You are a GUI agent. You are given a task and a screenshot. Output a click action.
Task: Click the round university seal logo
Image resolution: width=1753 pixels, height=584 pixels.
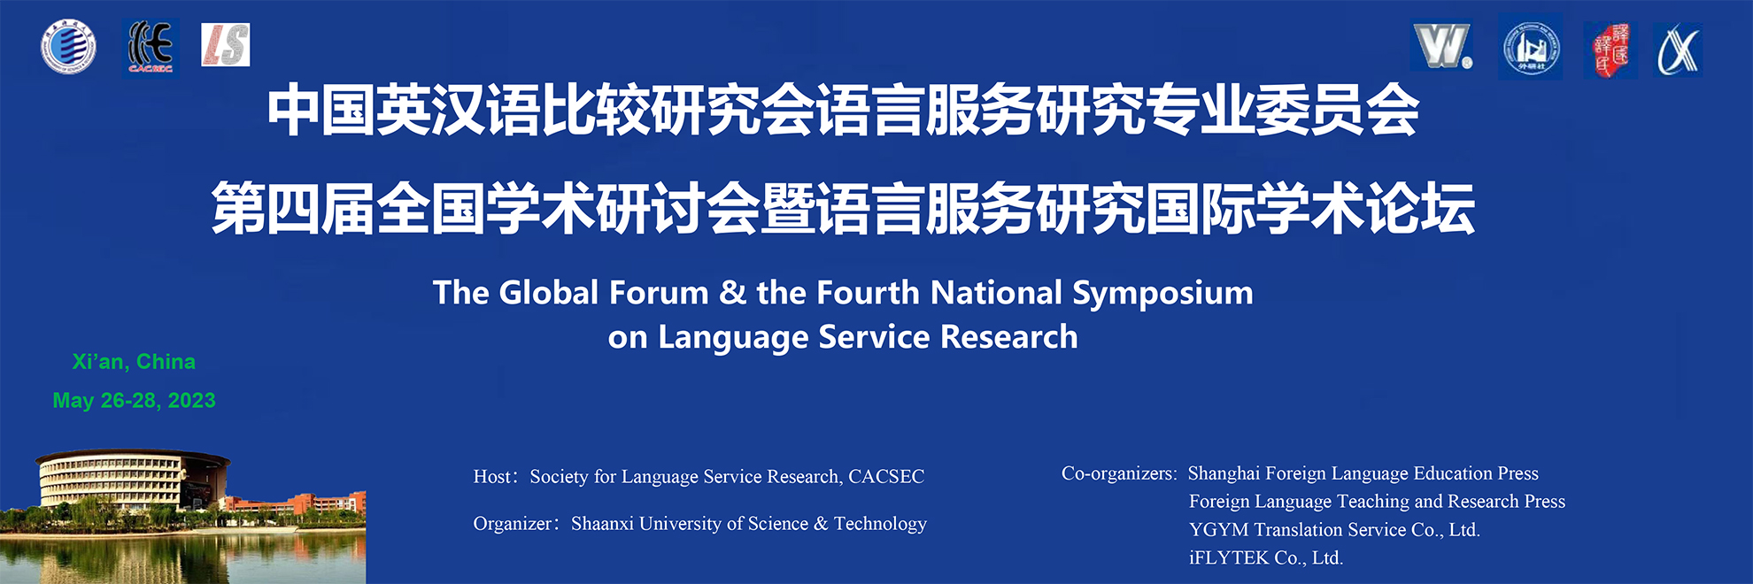[68, 46]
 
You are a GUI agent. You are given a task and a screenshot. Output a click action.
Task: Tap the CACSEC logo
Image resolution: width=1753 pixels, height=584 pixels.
[151, 47]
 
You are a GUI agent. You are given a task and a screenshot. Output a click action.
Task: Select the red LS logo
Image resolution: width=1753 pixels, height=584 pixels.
[226, 45]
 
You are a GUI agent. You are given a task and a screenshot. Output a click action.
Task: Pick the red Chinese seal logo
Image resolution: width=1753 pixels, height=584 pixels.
[1610, 50]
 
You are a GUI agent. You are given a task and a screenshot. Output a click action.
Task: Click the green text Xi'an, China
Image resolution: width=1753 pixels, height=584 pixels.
[134, 362]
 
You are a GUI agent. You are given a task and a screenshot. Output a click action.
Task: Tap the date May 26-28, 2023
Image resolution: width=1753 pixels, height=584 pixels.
[134, 401]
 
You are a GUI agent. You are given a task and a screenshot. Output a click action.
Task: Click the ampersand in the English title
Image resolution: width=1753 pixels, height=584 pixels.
[732, 293]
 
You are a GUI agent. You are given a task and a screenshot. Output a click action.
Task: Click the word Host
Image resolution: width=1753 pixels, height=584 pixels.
[492, 476]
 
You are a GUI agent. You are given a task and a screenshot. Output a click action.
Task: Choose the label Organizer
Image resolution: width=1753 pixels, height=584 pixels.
[513, 524]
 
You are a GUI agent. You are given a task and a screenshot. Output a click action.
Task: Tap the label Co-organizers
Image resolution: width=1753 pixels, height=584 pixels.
[1117, 473]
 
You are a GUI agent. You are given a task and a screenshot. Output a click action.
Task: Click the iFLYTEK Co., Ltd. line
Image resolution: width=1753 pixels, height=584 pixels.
[1266, 557]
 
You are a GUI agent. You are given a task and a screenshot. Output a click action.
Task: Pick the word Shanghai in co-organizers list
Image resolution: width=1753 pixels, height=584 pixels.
[1224, 473]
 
